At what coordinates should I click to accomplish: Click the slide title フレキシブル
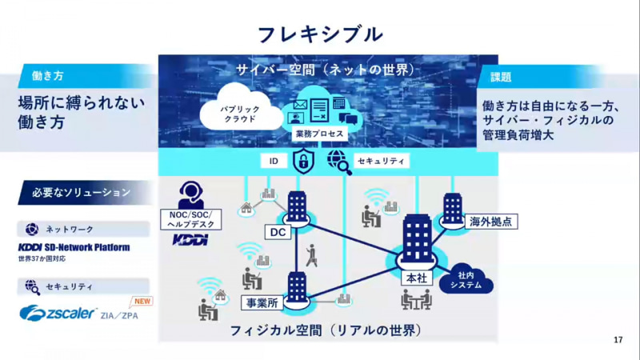(x=320, y=34)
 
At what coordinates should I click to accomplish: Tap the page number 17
(x=618, y=340)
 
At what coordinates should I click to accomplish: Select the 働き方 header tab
(x=48, y=76)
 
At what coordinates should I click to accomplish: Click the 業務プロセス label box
(x=318, y=134)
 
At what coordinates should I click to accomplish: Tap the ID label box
(x=274, y=161)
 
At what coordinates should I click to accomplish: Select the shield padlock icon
(x=304, y=161)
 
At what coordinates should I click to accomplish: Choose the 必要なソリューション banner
(x=80, y=193)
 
